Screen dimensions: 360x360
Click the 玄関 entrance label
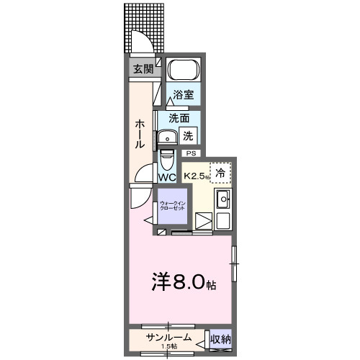pos(143,69)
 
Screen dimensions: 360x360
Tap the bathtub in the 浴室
pos(184,71)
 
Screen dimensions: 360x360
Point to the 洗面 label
pos(179,118)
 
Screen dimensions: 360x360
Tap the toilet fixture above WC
pos(166,158)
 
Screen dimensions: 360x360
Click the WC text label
pos(167,177)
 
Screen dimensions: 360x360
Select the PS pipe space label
pos(191,153)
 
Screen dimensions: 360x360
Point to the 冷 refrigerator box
pos(221,173)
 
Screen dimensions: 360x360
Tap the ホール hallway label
pos(140,134)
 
